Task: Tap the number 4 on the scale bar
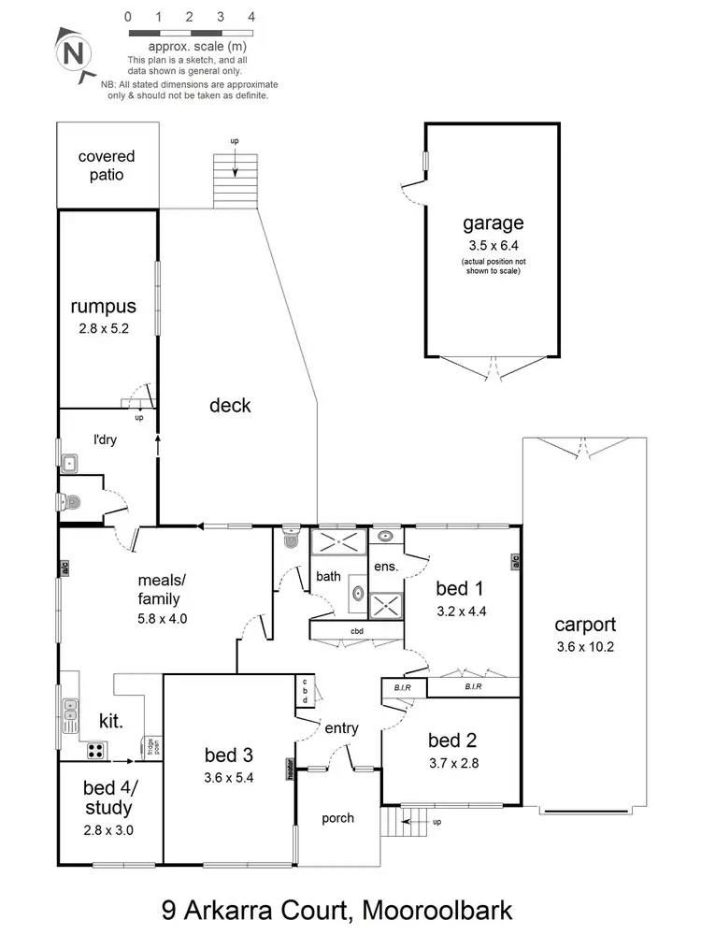[251, 17]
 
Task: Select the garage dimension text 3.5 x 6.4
[493, 246]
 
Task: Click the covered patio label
[106, 165]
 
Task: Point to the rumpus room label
[104, 306]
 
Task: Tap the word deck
[230, 405]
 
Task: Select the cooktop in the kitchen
[94, 749]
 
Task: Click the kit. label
[114, 720]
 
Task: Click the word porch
[337, 818]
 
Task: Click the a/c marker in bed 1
[514, 562]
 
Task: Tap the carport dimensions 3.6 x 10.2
[584, 647]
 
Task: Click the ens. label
[386, 567]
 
